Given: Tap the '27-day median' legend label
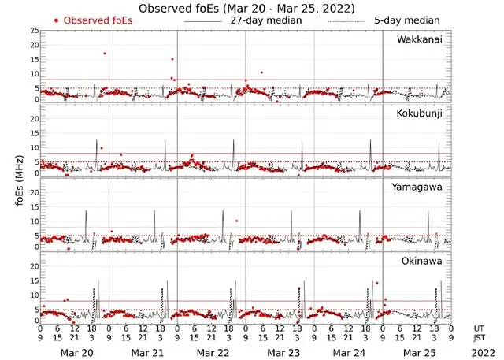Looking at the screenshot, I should coord(265,20).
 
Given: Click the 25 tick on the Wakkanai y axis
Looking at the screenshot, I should coord(34,30).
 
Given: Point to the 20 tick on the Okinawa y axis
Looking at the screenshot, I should coord(34,266).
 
